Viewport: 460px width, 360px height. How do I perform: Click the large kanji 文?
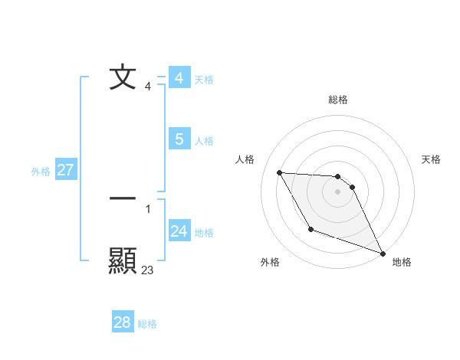click(123, 78)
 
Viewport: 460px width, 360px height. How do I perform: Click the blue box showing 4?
click(179, 78)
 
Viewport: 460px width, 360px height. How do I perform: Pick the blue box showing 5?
click(179, 139)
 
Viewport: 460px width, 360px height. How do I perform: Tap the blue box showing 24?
click(179, 231)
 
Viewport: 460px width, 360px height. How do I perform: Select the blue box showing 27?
click(65, 170)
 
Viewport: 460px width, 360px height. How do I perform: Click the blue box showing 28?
click(123, 322)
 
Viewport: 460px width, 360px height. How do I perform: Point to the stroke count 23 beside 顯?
click(147, 270)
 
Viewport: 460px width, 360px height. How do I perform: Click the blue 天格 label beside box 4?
click(204, 80)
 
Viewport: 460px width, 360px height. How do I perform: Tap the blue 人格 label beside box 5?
click(204, 141)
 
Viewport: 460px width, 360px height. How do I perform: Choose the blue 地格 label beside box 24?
click(204, 233)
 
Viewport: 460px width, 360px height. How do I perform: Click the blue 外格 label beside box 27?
click(41, 172)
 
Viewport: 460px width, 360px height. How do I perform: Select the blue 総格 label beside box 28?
click(147, 324)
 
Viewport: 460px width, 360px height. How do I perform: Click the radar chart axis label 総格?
click(338, 100)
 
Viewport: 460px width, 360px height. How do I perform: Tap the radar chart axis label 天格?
click(432, 159)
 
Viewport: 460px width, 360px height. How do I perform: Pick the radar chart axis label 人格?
click(245, 159)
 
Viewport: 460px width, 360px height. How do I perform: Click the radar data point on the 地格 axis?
click(383, 254)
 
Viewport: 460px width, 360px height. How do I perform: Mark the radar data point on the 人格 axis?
click(279, 172)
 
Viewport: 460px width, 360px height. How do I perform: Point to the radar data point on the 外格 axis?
click(310, 229)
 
